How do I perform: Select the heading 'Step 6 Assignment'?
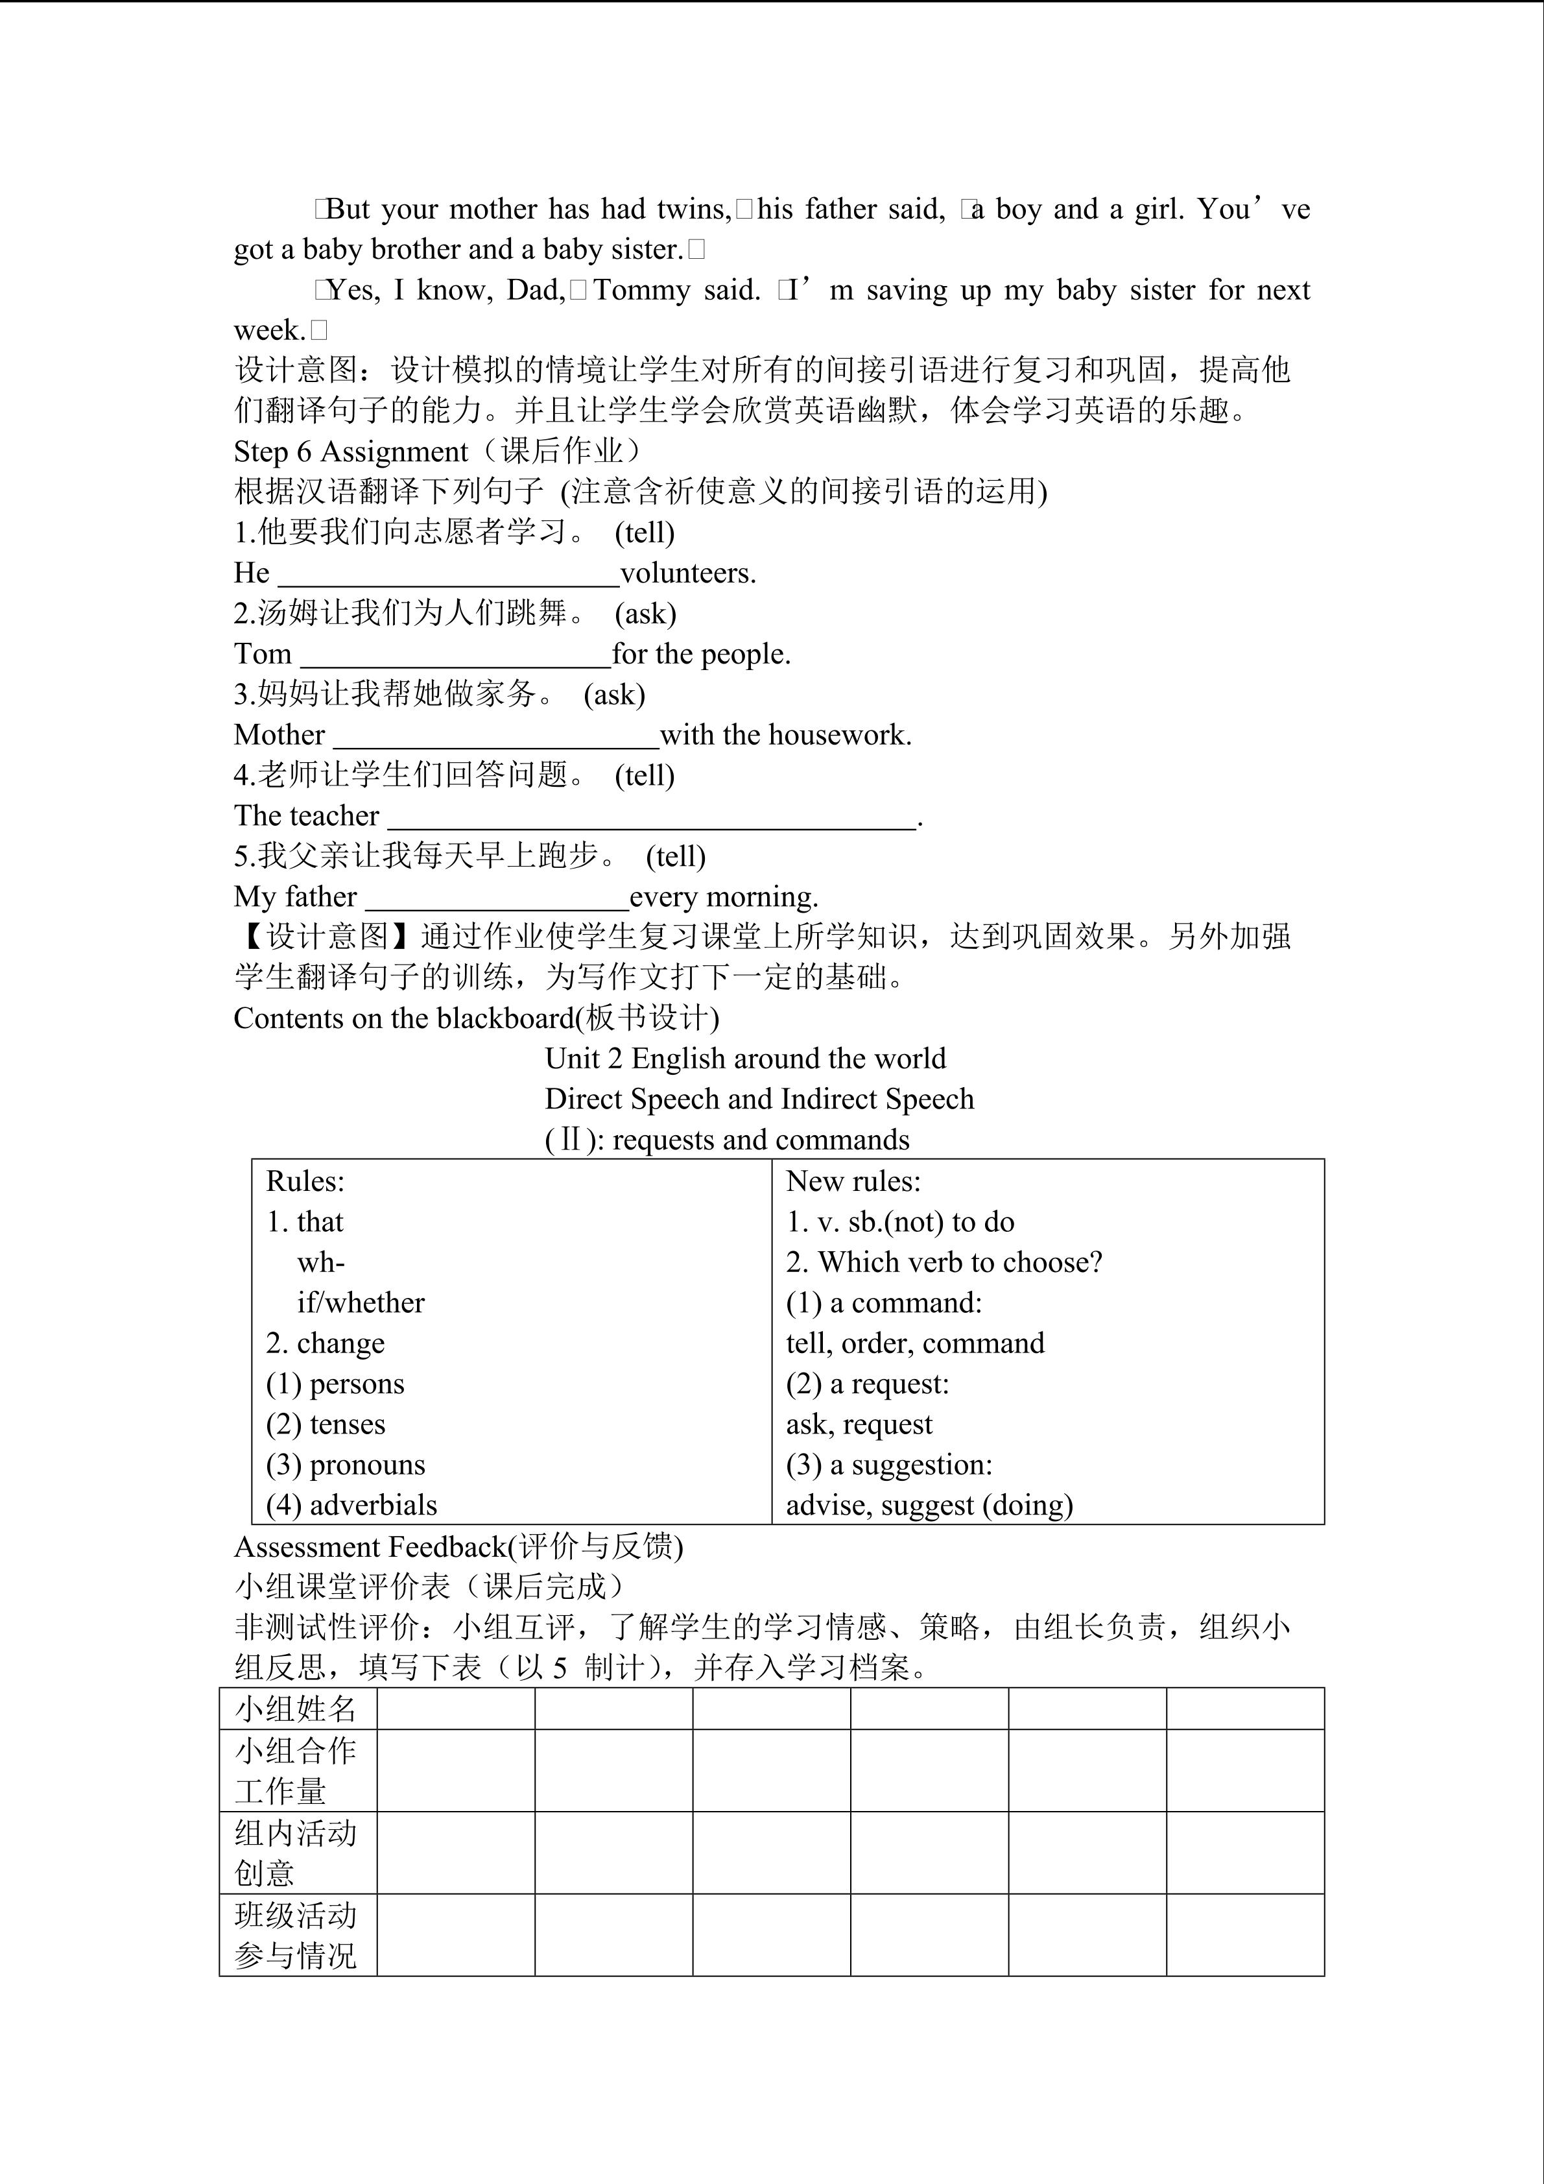click(x=351, y=452)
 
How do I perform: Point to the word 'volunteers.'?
click(x=688, y=573)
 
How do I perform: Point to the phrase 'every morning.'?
click(x=724, y=897)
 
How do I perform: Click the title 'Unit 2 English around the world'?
click(x=745, y=1059)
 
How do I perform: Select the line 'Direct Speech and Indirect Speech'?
click(x=759, y=1099)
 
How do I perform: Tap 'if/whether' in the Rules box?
click(x=361, y=1303)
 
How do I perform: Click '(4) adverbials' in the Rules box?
click(x=351, y=1506)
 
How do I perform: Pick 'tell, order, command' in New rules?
click(x=914, y=1343)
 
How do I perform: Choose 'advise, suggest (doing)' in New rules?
click(x=929, y=1506)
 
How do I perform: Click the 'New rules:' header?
click(x=853, y=1181)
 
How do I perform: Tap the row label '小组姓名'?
click(x=296, y=1709)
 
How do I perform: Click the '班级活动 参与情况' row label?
click(x=296, y=1936)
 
